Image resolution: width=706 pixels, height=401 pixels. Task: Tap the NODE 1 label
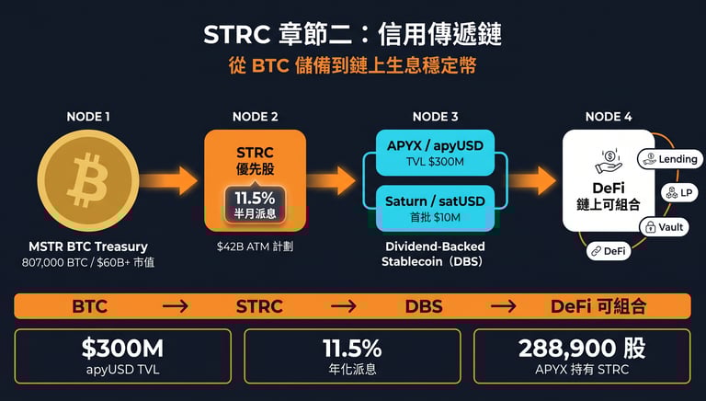[89, 117]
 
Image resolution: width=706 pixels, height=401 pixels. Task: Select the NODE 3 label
[435, 117]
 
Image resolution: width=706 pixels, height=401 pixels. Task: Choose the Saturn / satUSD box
[435, 207]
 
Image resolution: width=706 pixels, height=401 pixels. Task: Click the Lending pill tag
[669, 159]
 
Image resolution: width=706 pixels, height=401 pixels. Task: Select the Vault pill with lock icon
[664, 227]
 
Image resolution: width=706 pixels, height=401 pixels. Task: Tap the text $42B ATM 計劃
[255, 247]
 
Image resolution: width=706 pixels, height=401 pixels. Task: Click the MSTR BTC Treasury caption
[89, 246]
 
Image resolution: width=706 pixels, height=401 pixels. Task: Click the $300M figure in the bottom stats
[122, 349]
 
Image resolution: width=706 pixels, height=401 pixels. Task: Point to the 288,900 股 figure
[581, 349]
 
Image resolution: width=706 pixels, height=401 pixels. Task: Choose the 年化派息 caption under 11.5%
[352, 370]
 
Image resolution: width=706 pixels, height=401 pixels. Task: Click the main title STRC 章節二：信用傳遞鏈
[352, 36]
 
